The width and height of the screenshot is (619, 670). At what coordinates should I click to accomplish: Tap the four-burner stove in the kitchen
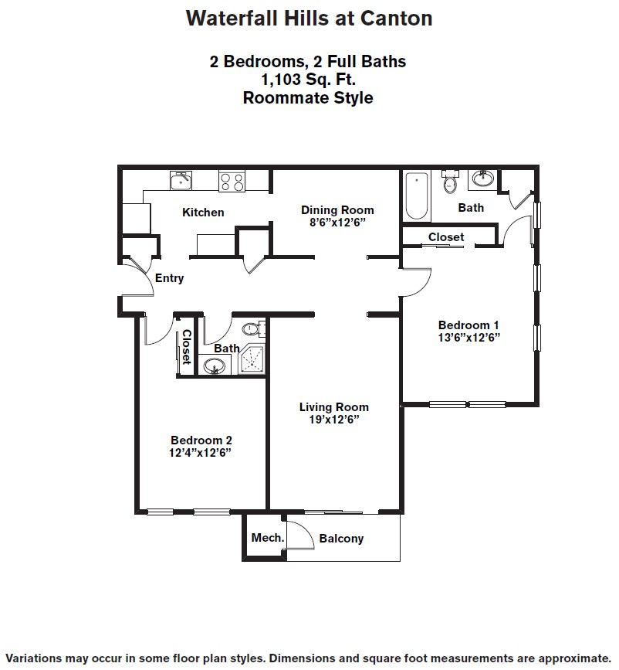(x=232, y=182)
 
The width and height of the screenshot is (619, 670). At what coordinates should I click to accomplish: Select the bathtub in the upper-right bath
(x=417, y=196)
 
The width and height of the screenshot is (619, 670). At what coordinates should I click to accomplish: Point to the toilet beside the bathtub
(x=449, y=182)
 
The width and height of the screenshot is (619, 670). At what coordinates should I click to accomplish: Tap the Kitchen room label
(x=203, y=213)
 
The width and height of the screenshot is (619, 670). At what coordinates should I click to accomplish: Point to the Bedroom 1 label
(x=468, y=325)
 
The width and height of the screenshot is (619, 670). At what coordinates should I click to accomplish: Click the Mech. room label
(x=267, y=538)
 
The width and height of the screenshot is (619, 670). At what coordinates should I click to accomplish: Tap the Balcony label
(x=341, y=539)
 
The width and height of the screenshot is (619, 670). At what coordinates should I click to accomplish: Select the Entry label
(x=169, y=278)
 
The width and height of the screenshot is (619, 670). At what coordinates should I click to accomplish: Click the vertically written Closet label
(x=186, y=346)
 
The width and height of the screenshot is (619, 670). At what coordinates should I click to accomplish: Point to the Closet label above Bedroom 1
(x=446, y=237)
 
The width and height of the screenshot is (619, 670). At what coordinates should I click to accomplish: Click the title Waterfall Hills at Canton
(x=308, y=19)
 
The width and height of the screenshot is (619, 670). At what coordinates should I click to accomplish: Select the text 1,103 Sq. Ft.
(x=308, y=80)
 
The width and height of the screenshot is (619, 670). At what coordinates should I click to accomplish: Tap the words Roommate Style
(x=308, y=98)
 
